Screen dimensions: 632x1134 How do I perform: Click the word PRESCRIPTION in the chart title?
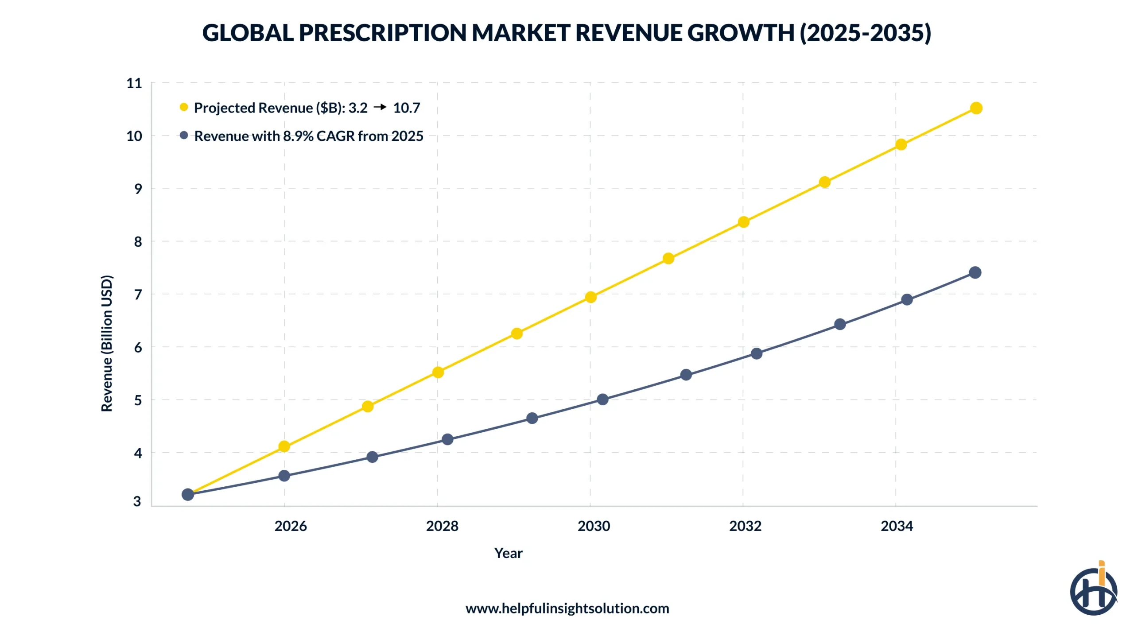click(x=382, y=33)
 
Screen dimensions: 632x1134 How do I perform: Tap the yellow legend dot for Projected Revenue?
click(x=184, y=107)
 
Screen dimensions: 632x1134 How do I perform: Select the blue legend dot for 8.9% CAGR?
click(x=184, y=135)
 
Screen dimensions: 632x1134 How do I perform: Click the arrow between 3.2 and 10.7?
click(x=380, y=107)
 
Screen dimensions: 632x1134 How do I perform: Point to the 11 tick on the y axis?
click(x=134, y=83)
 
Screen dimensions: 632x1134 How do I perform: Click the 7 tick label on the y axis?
click(x=138, y=295)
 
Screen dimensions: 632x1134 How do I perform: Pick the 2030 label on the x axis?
click(x=594, y=526)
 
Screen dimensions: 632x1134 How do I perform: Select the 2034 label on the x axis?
click(x=897, y=526)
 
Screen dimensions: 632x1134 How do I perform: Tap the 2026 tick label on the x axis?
click(x=290, y=526)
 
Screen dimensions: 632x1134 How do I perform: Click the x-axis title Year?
click(x=508, y=553)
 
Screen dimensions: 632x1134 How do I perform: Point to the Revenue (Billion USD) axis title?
click(x=107, y=343)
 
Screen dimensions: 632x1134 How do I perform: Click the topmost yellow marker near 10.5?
click(x=976, y=108)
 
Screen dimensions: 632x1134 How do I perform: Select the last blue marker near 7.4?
click(x=975, y=272)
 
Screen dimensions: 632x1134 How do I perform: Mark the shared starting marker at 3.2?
click(x=188, y=494)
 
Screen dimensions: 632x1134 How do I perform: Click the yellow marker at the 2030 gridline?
click(x=590, y=297)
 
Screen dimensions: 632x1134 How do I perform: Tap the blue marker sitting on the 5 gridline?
click(x=602, y=399)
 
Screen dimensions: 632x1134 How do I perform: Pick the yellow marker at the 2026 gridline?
click(x=284, y=446)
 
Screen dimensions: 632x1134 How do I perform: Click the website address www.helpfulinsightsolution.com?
click(x=567, y=609)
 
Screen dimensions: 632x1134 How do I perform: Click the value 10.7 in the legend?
click(x=406, y=108)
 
